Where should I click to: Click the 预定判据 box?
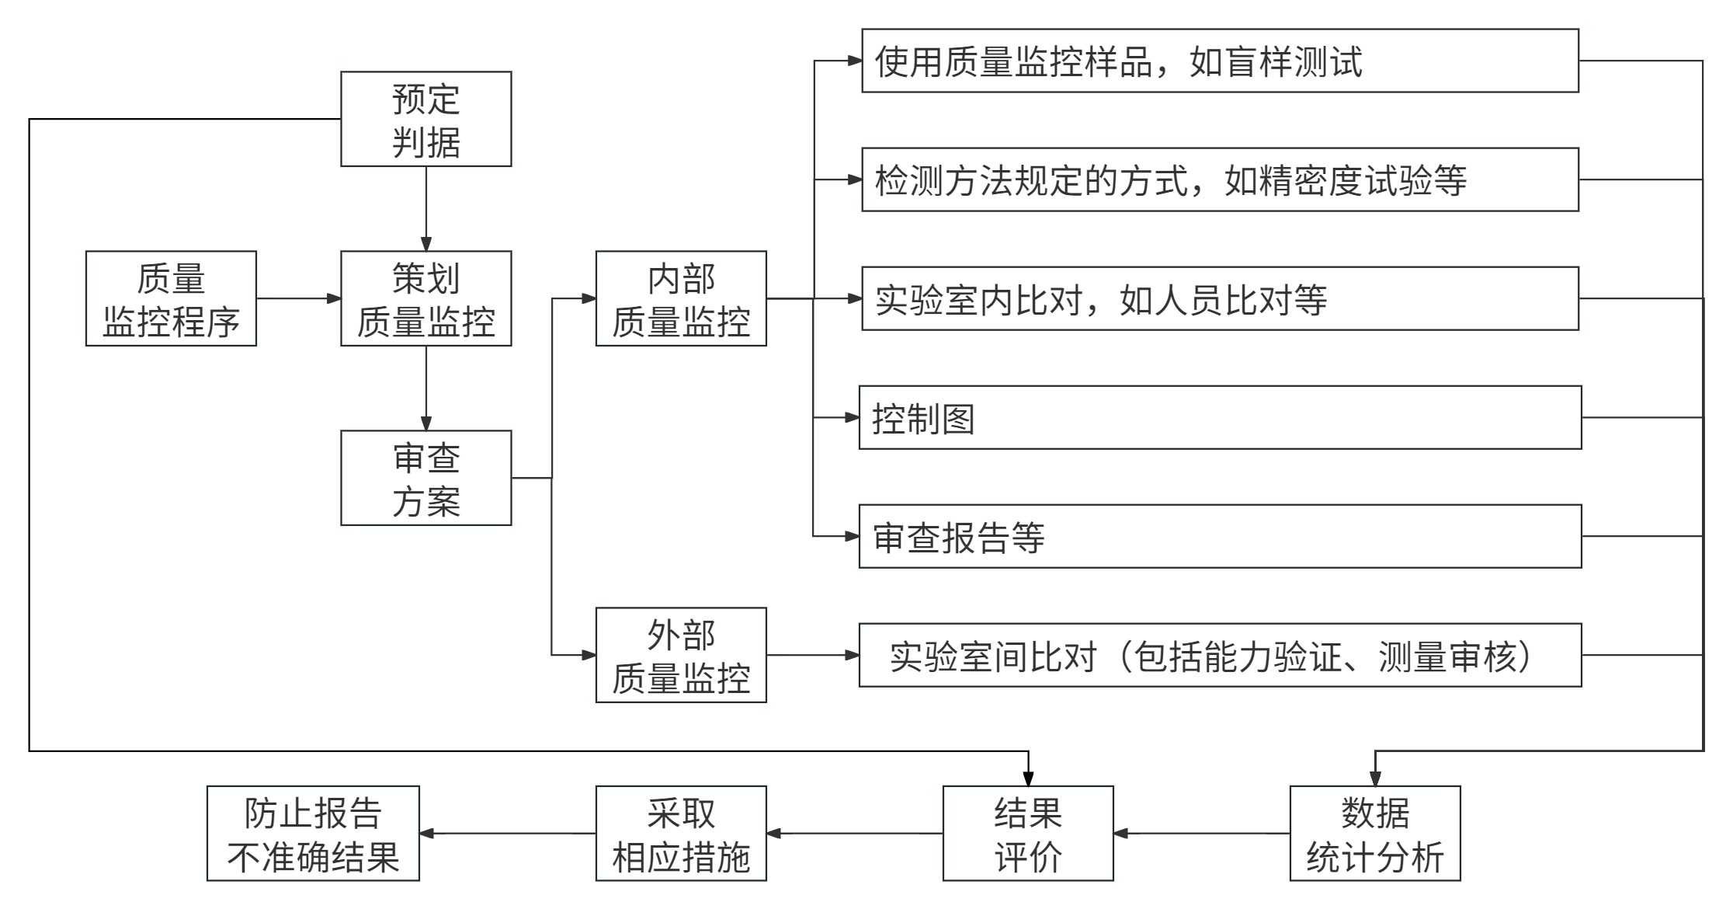click(425, 119)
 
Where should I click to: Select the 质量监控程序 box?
click(171, 298)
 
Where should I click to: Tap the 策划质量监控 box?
click(425, 298)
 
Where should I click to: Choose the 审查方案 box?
click(425, 478)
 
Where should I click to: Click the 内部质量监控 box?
click(681, 298)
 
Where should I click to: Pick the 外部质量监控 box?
click(681, 655)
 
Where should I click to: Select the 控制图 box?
click(1219, 417)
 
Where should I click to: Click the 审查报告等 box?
click(1219, 536)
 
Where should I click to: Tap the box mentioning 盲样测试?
click(1219, 61)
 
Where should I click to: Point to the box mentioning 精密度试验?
click(1219, 179)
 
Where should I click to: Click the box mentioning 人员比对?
click(1219, 298)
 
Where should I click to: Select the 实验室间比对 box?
click(1219, 655)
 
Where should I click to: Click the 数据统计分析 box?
click(1374, 833)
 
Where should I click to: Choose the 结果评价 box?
click(1027, 833)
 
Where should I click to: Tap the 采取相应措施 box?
click(681, 833)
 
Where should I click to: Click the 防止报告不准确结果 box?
click(313, 833)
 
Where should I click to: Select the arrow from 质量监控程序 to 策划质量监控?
click(298, 298)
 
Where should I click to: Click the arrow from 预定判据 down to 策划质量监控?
click(425, 208)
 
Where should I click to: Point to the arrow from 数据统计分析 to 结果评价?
click(1201, 834)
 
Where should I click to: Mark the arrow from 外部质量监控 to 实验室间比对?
click(812, 655)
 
